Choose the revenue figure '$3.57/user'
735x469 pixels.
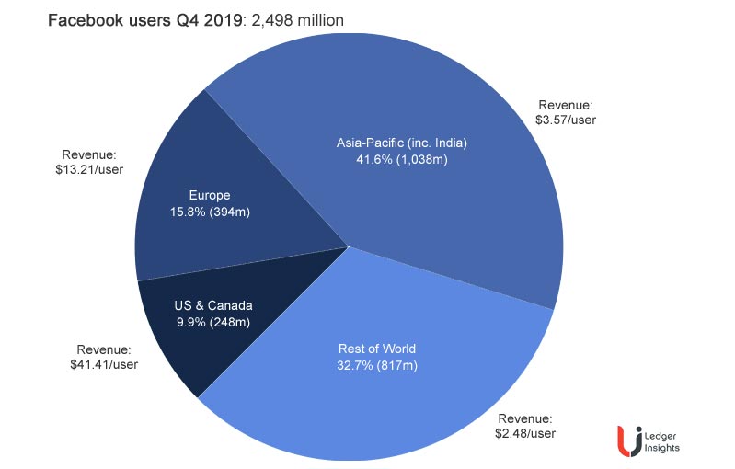click(565, 119)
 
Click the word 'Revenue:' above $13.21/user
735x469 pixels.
click(89, 154)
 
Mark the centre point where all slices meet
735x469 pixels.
click(348, 246)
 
